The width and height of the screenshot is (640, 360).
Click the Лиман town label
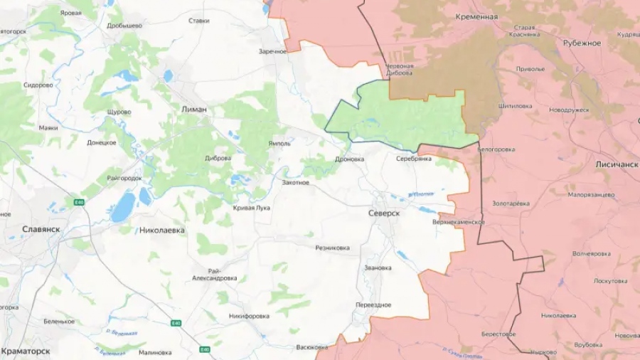(x=194, y=110)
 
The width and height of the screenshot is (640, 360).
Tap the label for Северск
(x=385, y=213)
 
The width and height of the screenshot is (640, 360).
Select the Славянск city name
(x=41, y=229)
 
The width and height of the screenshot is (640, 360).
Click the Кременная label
(x=476, y=16)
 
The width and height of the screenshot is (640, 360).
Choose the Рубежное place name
(x=582, y=43)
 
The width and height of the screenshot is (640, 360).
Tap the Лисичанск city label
(x=616, y=164)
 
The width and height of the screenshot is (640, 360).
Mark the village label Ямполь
(x=279, y=143)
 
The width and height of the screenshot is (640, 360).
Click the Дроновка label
(x=349, y=159)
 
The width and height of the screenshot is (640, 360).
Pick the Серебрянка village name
(x=414, y=159)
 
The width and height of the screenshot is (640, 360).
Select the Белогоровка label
(x=495, y=149)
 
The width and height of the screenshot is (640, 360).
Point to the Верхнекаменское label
(x=458, y=222)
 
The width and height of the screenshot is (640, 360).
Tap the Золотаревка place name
(x=511, y=203)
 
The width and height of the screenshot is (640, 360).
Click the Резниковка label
(x=332, y=248)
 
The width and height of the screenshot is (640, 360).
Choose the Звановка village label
(x=377, y=268)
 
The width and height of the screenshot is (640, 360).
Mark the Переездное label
(x=373, y=305)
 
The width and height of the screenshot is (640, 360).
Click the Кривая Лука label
(x=252, y=208)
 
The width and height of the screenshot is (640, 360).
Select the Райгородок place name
(x=124, y=178)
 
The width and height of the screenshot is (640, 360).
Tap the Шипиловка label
(x=516, y=106)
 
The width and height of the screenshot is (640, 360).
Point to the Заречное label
(x=273, y=51)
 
